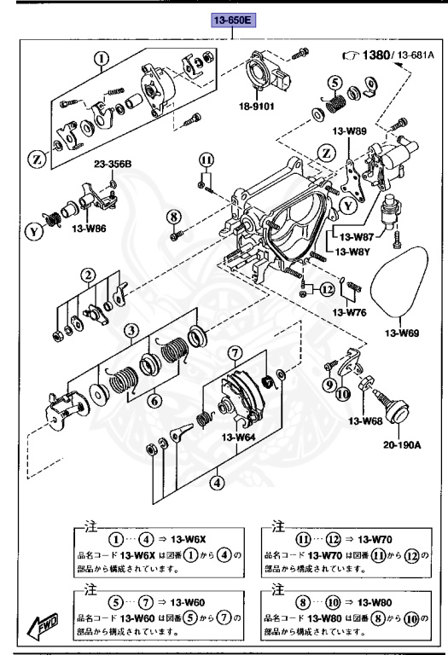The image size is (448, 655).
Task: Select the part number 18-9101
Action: pos(257,108)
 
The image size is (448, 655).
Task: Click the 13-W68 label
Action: pos(367,420)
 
